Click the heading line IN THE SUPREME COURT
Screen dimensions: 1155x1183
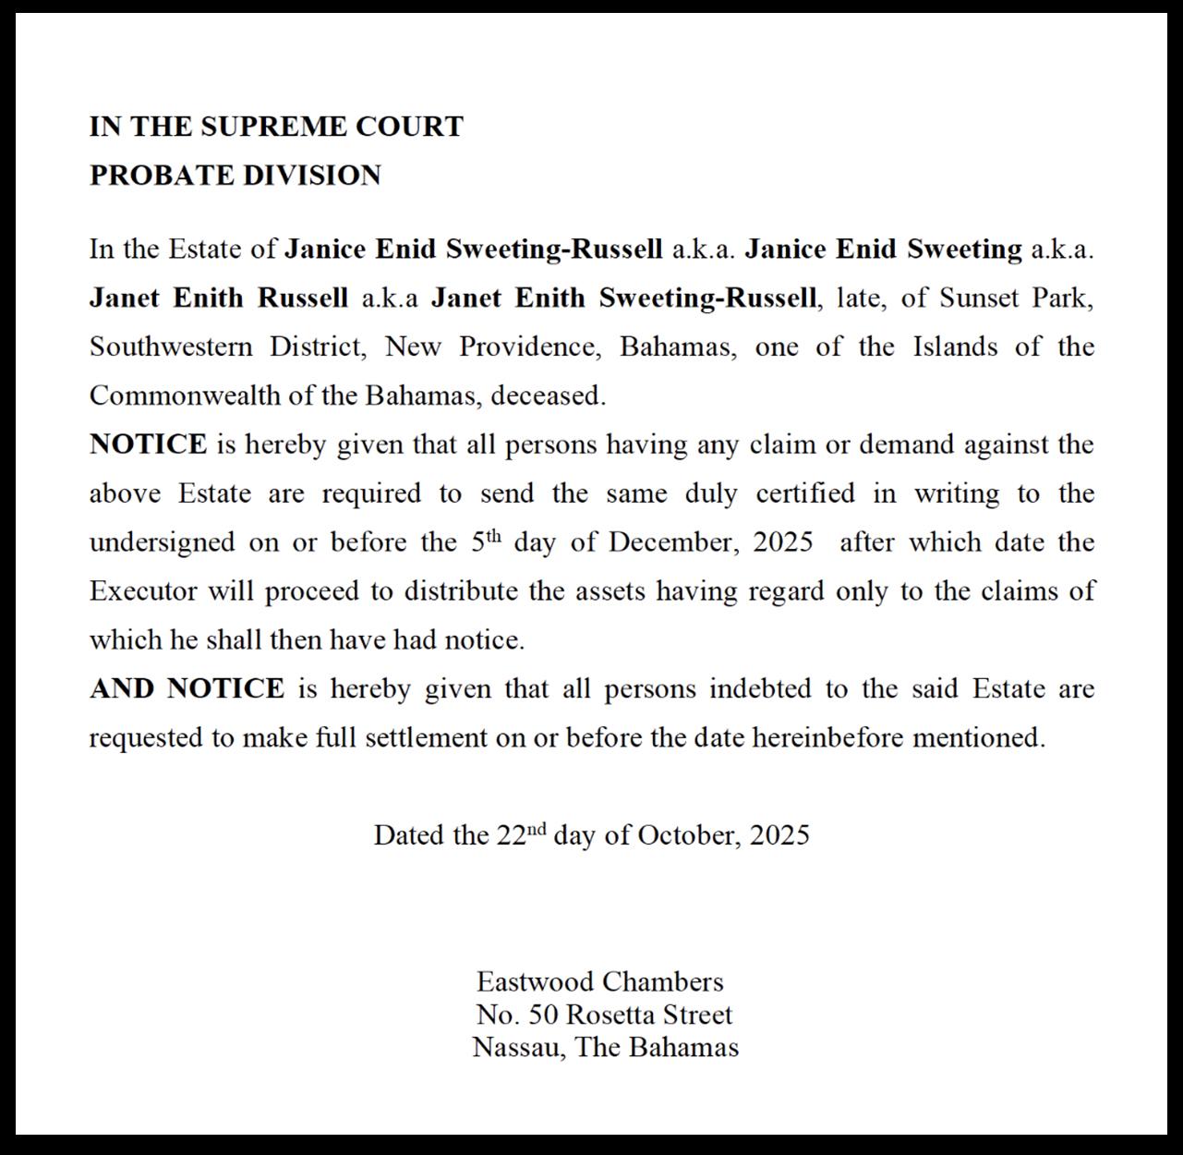pos(276,127)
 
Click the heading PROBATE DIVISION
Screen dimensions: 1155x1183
pos(235,176)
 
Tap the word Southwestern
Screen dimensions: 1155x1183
pos(170,347)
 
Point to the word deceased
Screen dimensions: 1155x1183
pos(548,396)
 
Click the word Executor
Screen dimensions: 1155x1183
pos(143,591)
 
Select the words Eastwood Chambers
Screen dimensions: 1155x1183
pos(599,981)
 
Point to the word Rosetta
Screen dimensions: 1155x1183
pos(612,1015)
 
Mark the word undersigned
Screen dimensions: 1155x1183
pos(162,542)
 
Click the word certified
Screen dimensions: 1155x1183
pos(805,493)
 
